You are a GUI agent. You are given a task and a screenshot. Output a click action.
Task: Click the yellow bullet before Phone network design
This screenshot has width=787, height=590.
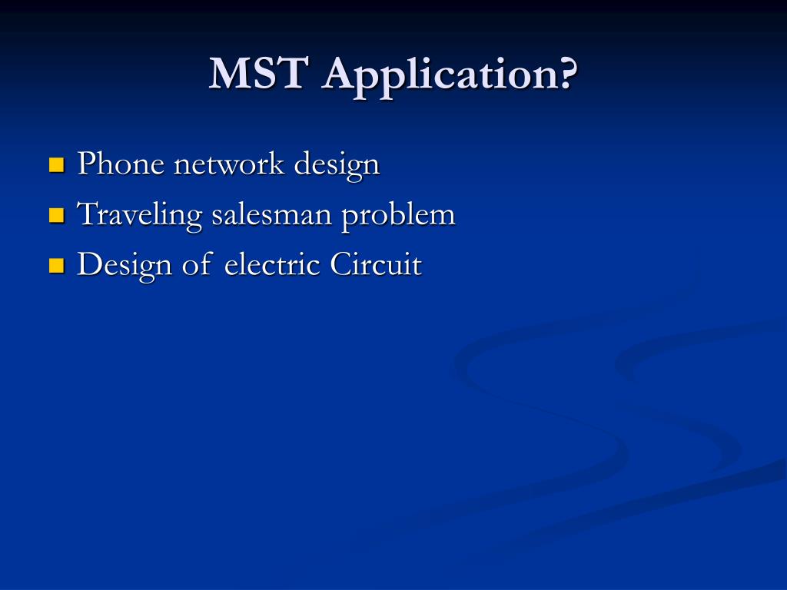pyautogui.click(x=55, y=164)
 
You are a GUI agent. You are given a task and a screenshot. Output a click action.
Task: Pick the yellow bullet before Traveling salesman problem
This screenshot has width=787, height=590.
pyautogui.click(x=55, y=215)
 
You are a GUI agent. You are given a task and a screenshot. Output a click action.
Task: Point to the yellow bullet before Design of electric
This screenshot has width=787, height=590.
pyautogui.click(x=55, y=266)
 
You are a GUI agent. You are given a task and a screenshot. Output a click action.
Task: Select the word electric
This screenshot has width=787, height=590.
pyautogui.click(x=272, y=265)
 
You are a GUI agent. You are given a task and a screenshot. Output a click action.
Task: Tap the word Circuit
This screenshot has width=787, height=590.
pyautogui.click(x=376, y=265)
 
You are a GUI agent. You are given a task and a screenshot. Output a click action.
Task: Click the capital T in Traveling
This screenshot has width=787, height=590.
pyautogui.click(x=87, y=214)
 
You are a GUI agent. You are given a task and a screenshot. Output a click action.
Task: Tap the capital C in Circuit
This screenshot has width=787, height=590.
pyautogui.click(x=340, y=265)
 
